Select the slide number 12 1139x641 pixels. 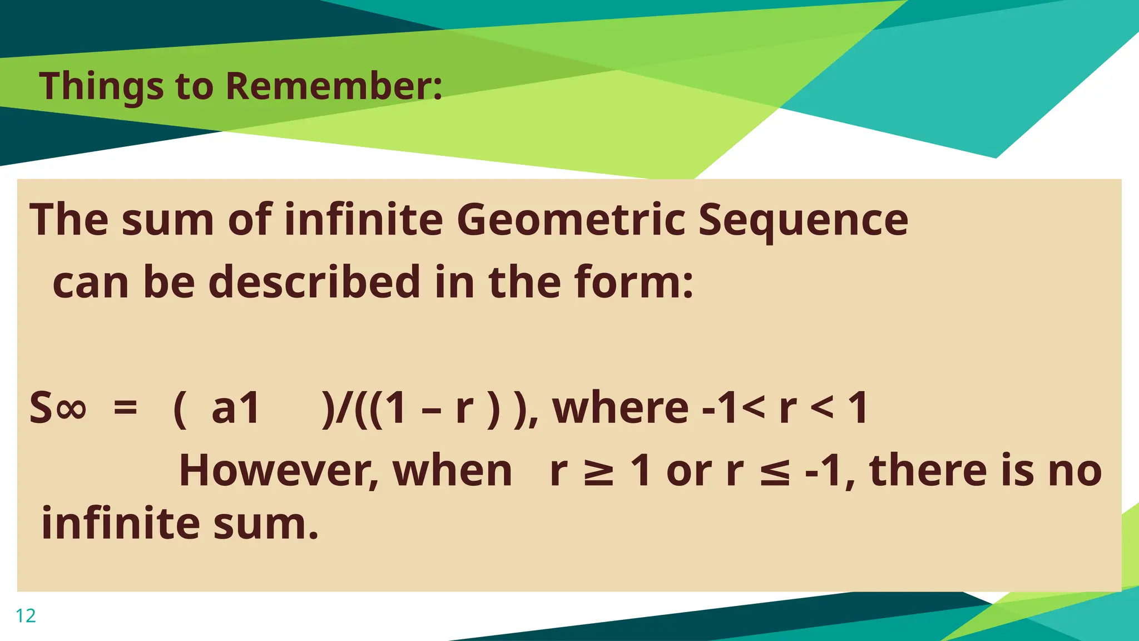(26, 616)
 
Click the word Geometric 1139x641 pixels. (571, 220)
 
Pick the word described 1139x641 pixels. (314, 282)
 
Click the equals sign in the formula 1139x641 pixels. (125, 408)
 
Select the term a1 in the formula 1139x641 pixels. (236, 408)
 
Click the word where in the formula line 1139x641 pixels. (620, 408)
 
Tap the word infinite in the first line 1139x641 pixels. (364, 220)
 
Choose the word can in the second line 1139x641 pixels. (91, 283)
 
